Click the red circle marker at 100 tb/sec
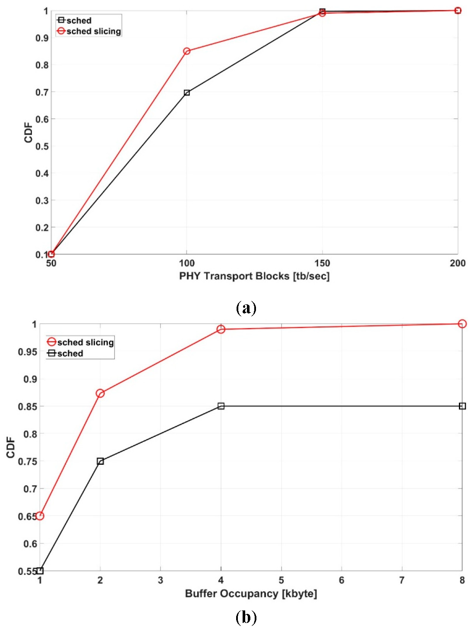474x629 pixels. [186, 51]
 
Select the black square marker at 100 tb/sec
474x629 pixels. [186, 93]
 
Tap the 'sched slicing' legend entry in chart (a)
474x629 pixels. [89, 31]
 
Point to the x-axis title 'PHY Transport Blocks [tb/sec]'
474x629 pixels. [254, 276]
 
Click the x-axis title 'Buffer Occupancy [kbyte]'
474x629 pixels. [251, 593]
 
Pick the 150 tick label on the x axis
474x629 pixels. [322, 263]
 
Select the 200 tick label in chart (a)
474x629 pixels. [457, 263]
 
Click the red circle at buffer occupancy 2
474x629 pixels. [100, 393]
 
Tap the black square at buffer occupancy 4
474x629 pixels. [221, 406]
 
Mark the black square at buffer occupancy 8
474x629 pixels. [462, 406]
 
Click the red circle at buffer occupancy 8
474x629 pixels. [462, 324]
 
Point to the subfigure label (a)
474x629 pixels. [246, 308]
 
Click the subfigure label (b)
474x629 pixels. [246, 617]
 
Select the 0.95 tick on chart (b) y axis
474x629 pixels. [28, 352]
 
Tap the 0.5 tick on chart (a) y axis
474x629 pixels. [42, 146]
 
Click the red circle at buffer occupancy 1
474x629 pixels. [40, 516]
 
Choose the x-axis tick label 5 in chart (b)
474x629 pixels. [281, 580]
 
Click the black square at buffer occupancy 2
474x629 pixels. [100, 461]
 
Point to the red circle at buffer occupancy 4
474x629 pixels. [221, 329]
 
